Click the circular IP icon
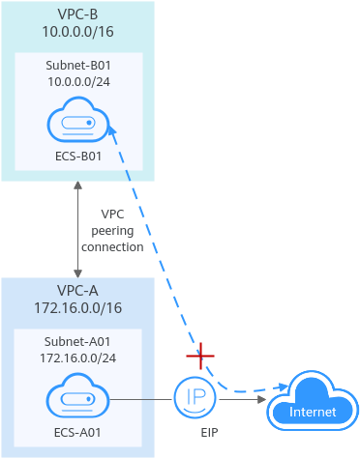pyautogui.click(x=195, y=398)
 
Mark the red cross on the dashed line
pyautogui.click(x=200, y=356)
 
